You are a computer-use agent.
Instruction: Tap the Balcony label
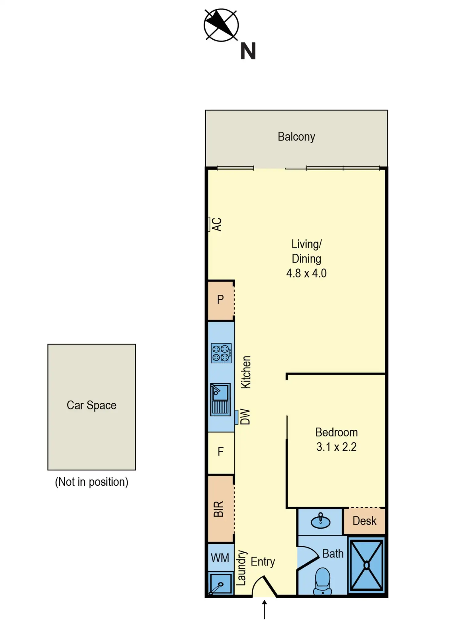296,136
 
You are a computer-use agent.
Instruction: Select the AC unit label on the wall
217,224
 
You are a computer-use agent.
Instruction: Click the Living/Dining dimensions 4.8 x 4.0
306,273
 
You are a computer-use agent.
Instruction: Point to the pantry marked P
220,299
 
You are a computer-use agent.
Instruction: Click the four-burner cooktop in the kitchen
221,353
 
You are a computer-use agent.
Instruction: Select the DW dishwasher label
245,417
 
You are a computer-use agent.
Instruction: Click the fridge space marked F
220,452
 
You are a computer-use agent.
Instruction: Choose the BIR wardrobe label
218,509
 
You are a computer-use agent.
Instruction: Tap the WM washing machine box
220,558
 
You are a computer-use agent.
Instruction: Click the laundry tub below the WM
220,583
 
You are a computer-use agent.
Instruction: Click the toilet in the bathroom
322,580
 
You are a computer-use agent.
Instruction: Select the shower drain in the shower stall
367,566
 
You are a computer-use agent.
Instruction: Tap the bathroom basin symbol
320,521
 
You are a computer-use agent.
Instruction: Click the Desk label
364,521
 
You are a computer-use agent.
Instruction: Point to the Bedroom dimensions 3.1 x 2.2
336,447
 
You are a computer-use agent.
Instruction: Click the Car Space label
91,405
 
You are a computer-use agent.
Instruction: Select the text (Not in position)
91,482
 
